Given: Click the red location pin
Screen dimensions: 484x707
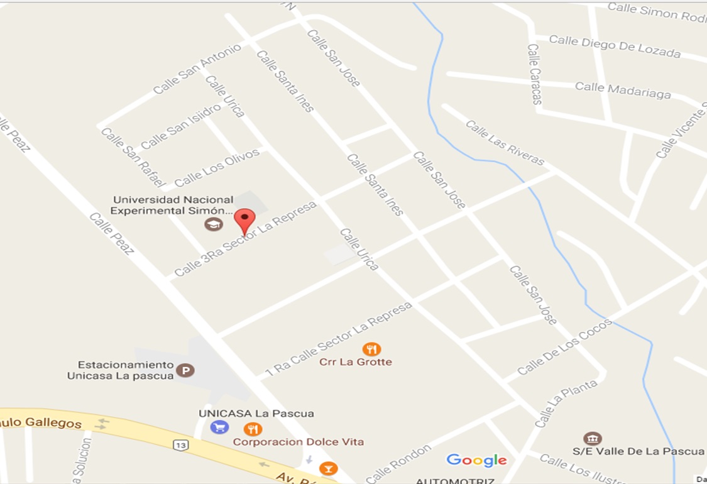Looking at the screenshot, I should (x=244, y=221).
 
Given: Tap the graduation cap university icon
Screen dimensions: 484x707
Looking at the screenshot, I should (x=214, y=224).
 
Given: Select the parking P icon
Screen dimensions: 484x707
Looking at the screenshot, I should (x=185, y=370).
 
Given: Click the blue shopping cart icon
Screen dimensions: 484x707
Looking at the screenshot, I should (x=219, y=427).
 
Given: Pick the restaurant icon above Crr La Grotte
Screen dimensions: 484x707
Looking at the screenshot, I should (x=371, y=349).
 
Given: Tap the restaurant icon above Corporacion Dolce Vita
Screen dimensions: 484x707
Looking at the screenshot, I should (x=253, y=429).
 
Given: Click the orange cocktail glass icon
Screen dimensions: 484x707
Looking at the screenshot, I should (x=327, y=468).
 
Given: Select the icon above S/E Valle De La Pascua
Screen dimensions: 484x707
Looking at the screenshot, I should (x=592, y=438).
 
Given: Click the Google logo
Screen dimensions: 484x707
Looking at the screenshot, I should (x=476, y=460).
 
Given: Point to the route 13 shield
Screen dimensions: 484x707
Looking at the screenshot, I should (x=181, y=445).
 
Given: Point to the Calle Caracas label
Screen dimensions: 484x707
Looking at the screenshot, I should (x=535, y=74).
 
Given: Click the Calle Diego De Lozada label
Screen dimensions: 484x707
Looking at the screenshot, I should (x=614, y=47).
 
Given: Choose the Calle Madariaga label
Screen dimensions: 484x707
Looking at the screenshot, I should (x=623, y=91).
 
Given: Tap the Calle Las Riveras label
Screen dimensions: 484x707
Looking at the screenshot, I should (x=505, y=143).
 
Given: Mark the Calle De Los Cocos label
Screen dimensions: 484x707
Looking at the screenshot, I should (x=564, y=348).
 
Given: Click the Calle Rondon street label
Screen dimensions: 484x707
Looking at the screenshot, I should (x=398, y=463).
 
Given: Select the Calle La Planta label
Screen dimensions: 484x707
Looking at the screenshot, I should (x=566, y=404).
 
